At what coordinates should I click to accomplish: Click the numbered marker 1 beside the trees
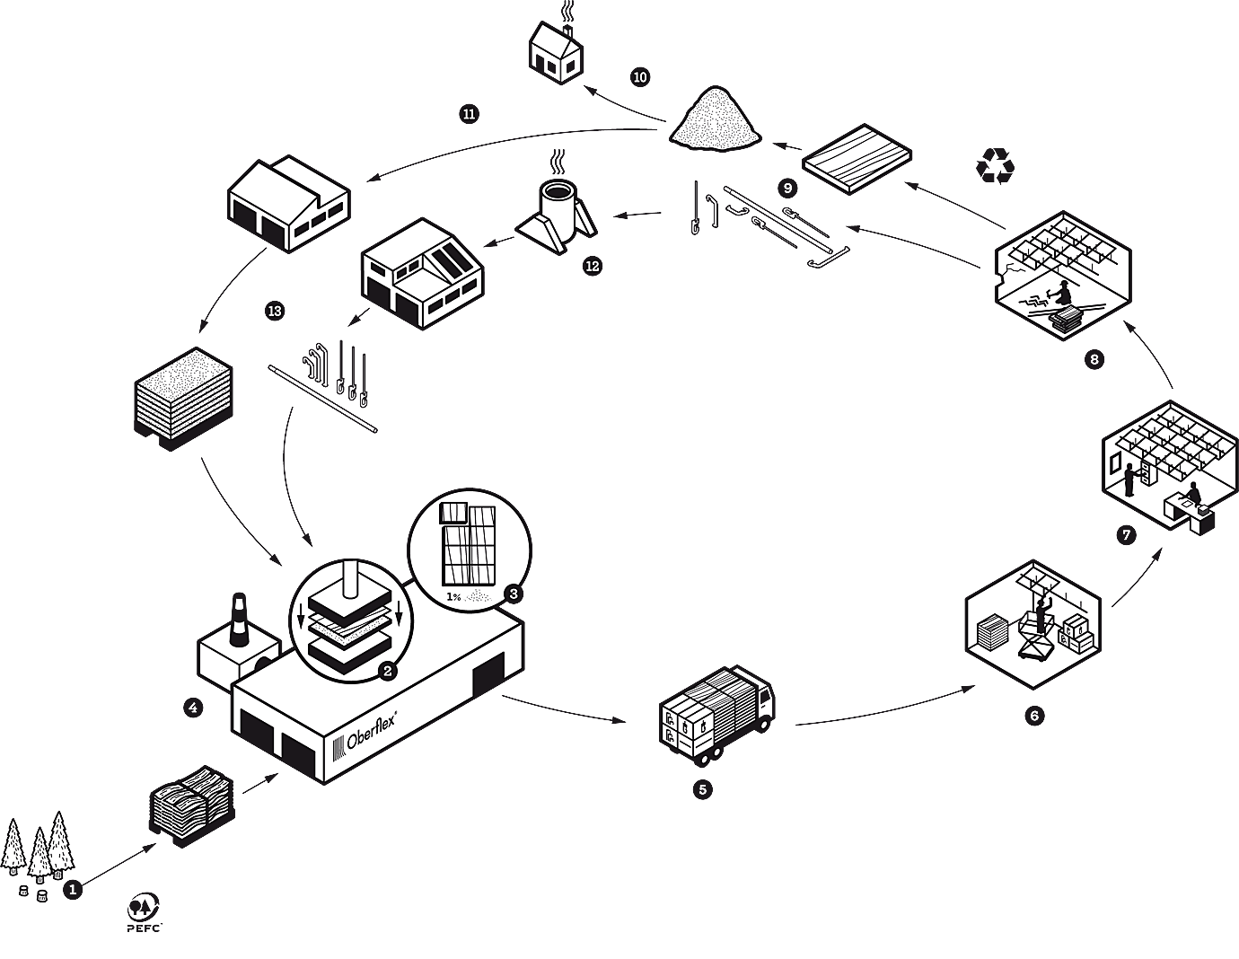tap(73, 890)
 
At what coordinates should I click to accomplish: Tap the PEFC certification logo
tap(144, 911)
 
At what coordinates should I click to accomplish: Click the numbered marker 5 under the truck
tap(702, 789)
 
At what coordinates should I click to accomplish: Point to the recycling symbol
tap(996, 166)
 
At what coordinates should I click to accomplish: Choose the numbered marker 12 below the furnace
tap(593, 266)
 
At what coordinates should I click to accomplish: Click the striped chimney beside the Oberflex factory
tap(239, 620)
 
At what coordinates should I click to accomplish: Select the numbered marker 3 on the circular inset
tap(513, 594)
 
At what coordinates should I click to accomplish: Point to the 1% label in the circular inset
tap(453, 596)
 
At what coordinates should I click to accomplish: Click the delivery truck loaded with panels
tap(716, 713)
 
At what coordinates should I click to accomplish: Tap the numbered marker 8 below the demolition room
tap(1094, 359)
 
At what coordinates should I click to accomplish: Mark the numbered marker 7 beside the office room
tap(1126, 535)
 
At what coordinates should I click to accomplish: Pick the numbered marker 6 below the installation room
tap(1034, 716)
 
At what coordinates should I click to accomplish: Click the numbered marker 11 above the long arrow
tap(469, 114)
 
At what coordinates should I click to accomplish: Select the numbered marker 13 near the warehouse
tap(275, 311)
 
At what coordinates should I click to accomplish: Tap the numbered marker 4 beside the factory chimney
tap(193, 708)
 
